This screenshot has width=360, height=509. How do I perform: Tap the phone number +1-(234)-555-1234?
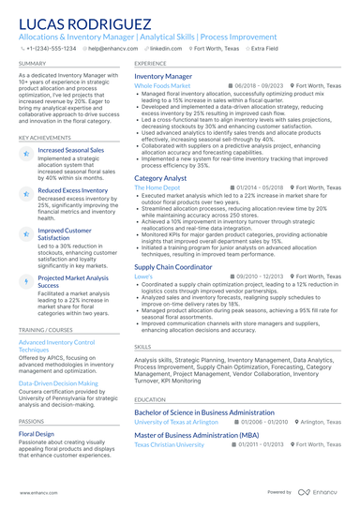52,48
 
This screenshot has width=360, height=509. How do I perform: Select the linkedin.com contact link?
165,48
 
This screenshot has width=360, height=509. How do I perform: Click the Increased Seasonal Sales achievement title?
71,149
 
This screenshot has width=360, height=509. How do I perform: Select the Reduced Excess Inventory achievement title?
72,189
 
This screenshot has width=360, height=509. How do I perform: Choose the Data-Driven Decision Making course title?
58,383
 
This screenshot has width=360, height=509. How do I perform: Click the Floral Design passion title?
37,434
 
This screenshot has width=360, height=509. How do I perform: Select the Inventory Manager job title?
163,75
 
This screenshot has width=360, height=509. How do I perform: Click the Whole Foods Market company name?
162,84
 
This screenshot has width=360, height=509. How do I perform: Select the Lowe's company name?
143,277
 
